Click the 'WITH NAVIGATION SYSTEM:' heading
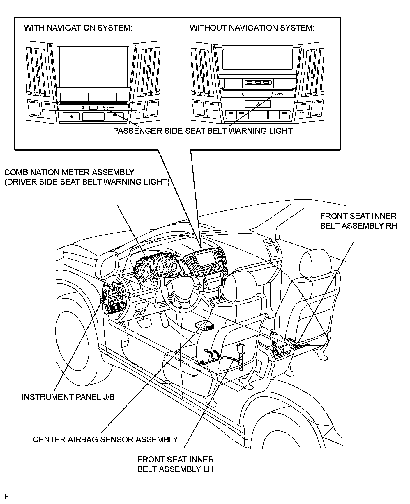78,28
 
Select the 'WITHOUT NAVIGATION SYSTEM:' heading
252,28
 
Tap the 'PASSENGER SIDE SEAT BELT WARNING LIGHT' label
202,131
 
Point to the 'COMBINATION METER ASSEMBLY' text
69,172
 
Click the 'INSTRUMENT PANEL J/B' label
68,397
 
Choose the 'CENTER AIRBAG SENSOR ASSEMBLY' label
105,439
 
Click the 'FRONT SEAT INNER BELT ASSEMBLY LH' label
176,464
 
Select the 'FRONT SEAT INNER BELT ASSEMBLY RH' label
358,221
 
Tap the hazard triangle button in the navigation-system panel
72,117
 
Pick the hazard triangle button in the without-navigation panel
258,104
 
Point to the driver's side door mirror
109,263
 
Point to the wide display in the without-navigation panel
258,59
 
